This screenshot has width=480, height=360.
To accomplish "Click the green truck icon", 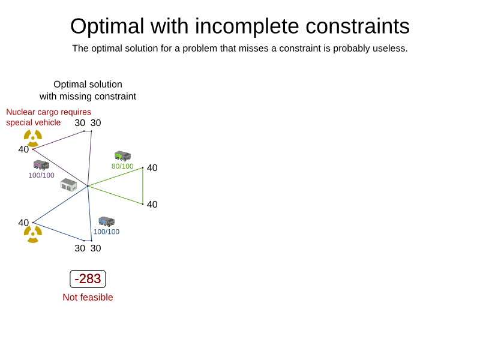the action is pyautogui.click(x=123, y=156).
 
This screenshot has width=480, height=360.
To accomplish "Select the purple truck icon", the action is pyautogui.click(x=41, y=165).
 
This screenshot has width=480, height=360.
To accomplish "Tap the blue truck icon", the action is pyautogui.click(x=107, y=221).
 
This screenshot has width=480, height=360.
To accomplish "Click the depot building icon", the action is pyautogui.click(x=68, y=185).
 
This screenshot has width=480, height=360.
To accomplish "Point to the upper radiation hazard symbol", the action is pyautogui.click(x=33, y=138).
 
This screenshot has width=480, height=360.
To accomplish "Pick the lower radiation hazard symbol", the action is pyautogui.click(x=33, y=234).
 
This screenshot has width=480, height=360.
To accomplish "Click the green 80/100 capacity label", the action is pyautogui.click(x=122, y=166).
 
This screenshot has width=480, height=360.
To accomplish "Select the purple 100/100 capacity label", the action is pyautogui.click(x=41, y=175).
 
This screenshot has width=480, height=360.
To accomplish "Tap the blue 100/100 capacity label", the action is pyautogui.click(x=106, y=232).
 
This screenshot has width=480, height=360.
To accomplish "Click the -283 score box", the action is pyautogui.click(x=88, y=279).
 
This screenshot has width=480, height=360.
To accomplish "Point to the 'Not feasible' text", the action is pyautogui.click(x=88, y=297).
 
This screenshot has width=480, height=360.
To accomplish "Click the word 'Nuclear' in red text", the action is pyautogui.click(x=20, y=112).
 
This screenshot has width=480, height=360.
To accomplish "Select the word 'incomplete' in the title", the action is pyautogui.click(x=247, y=26).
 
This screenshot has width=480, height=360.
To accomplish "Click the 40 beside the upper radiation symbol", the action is pyautogui.click(x=23, y=149).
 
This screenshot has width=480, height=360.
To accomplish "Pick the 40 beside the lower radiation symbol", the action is pyautogui.click(x=23, y=223).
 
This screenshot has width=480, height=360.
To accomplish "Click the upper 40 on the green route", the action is pyautogui.click(x=152, y=168).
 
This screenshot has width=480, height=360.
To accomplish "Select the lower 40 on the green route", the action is pyautogui.click(x=152, y=204).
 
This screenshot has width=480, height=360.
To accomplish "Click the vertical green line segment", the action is pyautogui.click(x=143, y=186).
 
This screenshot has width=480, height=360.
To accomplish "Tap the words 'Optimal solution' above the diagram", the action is pyautogui.click(x=88, y=84).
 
